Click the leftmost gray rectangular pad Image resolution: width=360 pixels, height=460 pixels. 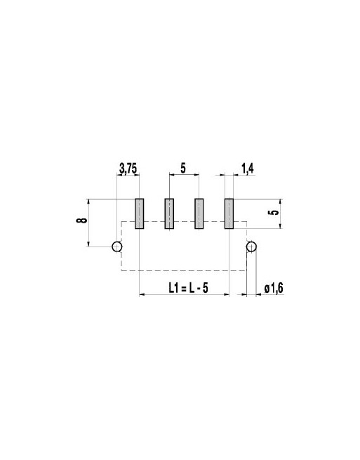pos(139,213)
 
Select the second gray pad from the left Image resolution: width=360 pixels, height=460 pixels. pos(169,213)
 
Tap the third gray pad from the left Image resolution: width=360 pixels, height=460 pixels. pos(199,213)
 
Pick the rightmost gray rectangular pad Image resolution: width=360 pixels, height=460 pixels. pos(229,213)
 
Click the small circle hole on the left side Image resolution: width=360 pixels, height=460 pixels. pos(118,247)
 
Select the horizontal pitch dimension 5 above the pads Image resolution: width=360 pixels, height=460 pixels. pos(183,169)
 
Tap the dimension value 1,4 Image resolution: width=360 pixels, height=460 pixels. pos(247,169)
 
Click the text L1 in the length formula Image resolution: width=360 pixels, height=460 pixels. pos(175,288)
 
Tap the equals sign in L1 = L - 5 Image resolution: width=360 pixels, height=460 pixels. pos(188,288)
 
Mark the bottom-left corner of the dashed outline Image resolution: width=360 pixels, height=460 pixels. pos(123,271)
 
